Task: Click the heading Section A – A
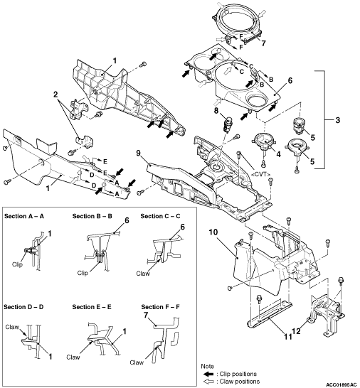pos(24,216)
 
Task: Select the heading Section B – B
pos(92,216)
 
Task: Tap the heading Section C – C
pos(160,216)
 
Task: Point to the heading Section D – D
pos(23,307)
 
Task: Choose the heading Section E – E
pos(92,307)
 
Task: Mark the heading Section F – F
pos(160,307)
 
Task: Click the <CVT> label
pos(260,174)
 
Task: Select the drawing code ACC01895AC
pos(343,384)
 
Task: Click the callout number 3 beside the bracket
pos(337,120)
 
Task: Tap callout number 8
pos(216,110)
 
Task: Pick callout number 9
pos(138,153)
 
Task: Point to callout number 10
pos(213,232)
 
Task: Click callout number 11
pos(287,337)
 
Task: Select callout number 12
pos(297,330)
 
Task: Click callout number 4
pos(278,154)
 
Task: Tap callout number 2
pos(55,95)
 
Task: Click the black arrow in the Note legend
pos(208,374)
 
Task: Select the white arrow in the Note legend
pos(208,382)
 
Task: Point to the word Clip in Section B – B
pos(83,273)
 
